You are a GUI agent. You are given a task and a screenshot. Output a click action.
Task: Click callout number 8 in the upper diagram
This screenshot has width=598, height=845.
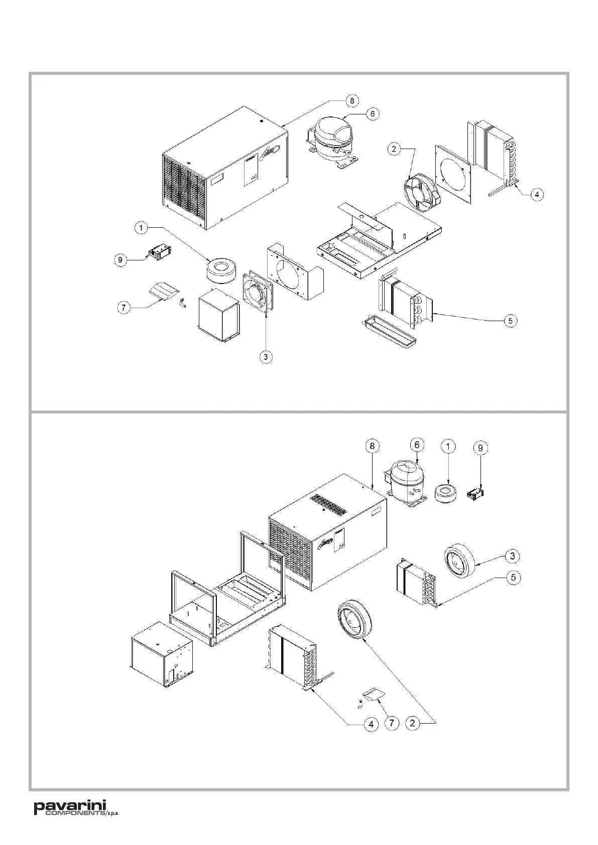point(352,100)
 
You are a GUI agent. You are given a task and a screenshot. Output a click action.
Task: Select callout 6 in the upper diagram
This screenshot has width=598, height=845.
point(372,114)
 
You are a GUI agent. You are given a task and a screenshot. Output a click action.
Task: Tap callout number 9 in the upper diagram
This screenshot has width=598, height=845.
point(120,260)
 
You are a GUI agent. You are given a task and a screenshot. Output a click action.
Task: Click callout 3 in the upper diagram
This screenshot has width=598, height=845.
point(266,357)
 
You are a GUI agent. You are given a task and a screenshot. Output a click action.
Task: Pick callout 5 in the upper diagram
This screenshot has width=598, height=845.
point(510,321)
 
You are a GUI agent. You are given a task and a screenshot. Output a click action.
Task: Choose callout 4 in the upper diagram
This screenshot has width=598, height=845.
point(537,194)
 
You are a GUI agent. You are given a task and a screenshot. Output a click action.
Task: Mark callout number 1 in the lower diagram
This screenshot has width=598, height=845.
point(448,446)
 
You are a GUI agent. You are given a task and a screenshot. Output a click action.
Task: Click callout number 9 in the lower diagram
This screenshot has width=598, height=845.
point(481,447)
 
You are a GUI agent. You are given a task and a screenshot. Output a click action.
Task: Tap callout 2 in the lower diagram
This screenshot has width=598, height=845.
point(412,723)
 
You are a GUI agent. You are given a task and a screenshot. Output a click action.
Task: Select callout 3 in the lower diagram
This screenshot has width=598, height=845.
point(512,555)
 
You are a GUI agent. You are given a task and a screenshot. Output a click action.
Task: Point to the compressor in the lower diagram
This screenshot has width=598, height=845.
point(407,482)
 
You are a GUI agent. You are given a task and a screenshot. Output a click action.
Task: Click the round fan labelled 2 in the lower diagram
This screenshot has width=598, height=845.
point(353,622)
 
